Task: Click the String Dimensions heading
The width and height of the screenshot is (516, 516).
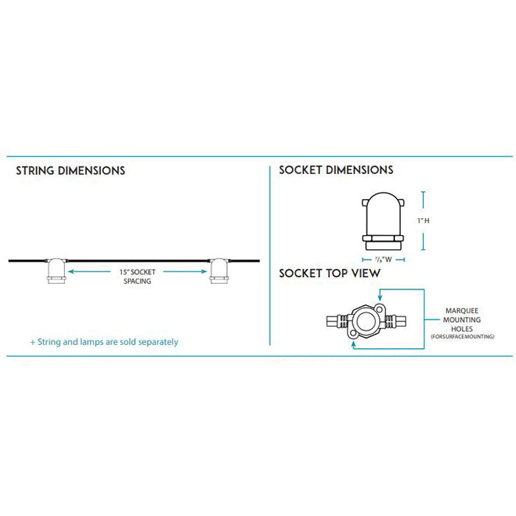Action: pos(71,170)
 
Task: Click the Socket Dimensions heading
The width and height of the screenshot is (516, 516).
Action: pos(336,170)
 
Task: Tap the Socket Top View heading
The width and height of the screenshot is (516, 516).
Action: pos(330,273)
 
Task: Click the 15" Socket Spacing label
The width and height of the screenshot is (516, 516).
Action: pos(137,276)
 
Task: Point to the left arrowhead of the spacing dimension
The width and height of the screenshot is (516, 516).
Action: pos(72,272)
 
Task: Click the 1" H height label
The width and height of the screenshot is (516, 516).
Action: pos(422,220)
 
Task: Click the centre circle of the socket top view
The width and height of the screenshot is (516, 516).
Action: pos(366,321)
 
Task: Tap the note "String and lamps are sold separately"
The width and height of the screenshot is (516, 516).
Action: pos(104,342)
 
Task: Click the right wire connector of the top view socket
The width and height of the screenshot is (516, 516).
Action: pos(396,321)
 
